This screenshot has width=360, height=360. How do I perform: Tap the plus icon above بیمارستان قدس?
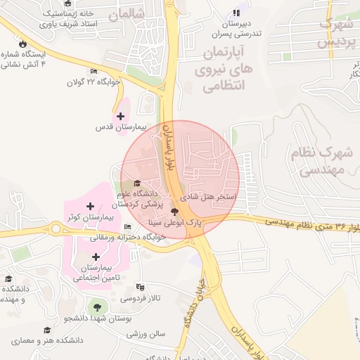point(120,116)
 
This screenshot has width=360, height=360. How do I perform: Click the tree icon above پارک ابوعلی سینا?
point(175,211)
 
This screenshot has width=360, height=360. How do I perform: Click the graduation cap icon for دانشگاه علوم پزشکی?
point(137,184)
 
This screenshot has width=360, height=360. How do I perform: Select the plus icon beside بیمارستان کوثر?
point(90,205)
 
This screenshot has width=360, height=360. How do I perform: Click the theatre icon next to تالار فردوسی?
point(139,286)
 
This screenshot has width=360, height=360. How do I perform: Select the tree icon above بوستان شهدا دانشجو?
point(95,307)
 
